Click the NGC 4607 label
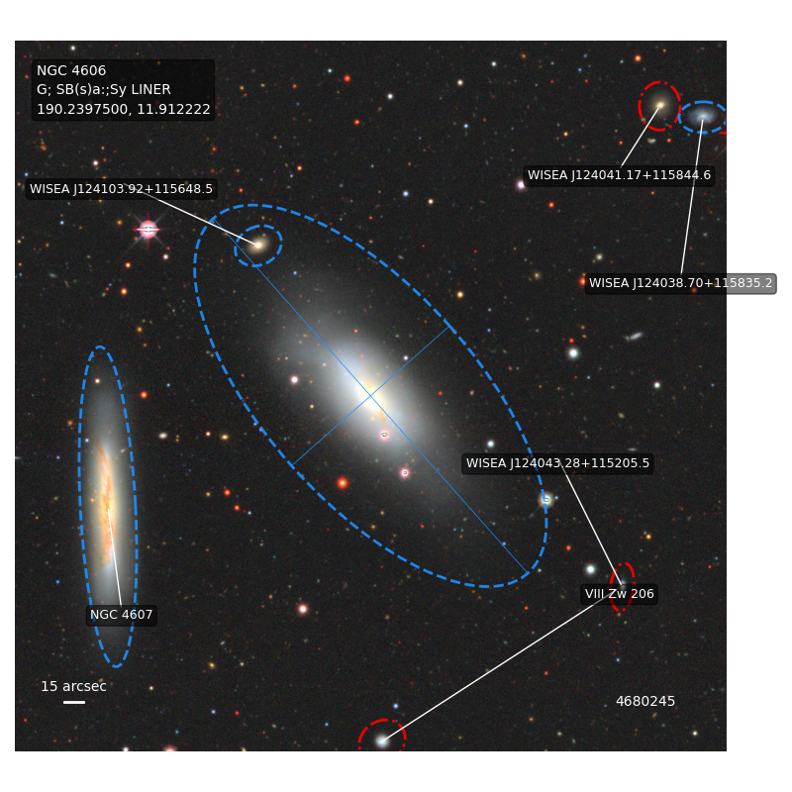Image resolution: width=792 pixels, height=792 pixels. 121,615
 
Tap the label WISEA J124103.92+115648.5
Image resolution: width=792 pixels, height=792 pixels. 121,189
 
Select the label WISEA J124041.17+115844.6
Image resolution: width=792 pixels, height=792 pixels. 619,175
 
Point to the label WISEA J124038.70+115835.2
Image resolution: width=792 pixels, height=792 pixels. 680,283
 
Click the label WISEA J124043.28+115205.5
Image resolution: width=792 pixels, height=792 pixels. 557,463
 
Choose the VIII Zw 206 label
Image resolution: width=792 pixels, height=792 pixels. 620,593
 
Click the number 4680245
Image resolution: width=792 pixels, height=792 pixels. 645,701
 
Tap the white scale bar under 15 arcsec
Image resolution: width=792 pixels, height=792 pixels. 74,702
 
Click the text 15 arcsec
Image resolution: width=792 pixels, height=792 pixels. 73,686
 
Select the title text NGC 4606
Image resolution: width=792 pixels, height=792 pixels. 71,70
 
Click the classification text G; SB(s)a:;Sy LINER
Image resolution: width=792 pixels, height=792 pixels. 104,89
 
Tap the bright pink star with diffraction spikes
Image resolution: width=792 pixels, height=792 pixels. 148,230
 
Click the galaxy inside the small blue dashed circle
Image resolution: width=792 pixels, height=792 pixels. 258,245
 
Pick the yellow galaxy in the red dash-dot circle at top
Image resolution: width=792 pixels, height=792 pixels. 659,105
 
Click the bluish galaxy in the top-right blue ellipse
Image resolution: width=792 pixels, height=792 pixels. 703,117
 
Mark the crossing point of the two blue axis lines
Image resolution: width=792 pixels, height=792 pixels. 370,395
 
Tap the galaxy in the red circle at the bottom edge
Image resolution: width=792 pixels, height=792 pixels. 382,741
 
